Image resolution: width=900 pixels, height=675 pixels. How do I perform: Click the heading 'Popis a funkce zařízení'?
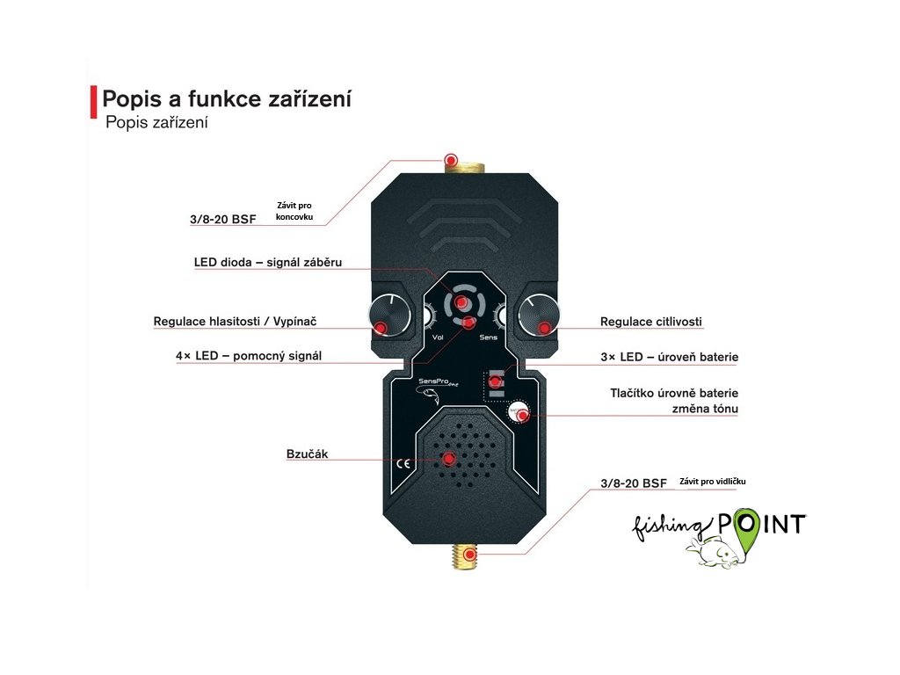pyautogui.click(x=227, y=98)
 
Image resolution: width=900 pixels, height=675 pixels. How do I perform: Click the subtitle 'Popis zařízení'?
pyautogui.click(x=156, y=123)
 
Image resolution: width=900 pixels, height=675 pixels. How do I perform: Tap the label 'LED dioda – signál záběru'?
pyautogui.click(x=267, y=262)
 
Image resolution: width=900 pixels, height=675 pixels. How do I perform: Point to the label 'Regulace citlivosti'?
pyautogui.click(x=651, y=322)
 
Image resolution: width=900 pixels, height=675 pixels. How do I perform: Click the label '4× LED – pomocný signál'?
pyautogui.click(x=249, y=356)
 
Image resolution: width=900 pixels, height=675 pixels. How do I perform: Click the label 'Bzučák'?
pyautogui.click(x=307, y=454)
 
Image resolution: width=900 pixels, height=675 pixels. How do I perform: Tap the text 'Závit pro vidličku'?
pyautogui.click(x=712, y=481)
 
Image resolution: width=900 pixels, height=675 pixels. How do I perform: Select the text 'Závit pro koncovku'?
pyautogui.click(x=294, y=210)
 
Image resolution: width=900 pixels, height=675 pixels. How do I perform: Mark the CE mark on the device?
pyautogui.click(x=403, y=464)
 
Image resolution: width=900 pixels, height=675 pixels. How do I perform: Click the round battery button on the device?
pyautogui.click(x=518, y=410)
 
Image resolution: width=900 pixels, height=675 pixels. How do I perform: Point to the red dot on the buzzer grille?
pyautogui.click(x=449, y=459)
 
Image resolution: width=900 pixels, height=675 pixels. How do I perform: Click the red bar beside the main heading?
pyautogui.click(x=93, y=102)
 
